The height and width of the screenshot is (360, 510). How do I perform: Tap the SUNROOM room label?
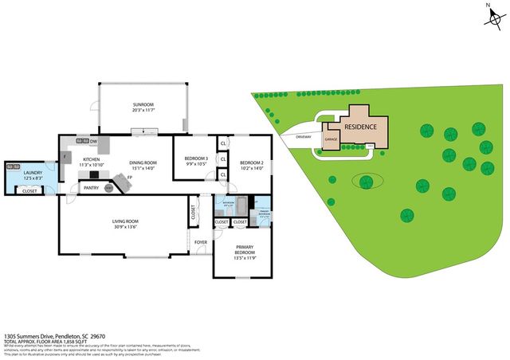143,105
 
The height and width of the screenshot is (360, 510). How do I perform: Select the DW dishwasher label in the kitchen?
93,141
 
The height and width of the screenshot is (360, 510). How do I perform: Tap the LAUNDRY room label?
32,173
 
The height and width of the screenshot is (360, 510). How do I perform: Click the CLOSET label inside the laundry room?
29,191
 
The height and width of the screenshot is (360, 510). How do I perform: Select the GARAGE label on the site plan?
331,139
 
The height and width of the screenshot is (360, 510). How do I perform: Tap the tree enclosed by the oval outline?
367,180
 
